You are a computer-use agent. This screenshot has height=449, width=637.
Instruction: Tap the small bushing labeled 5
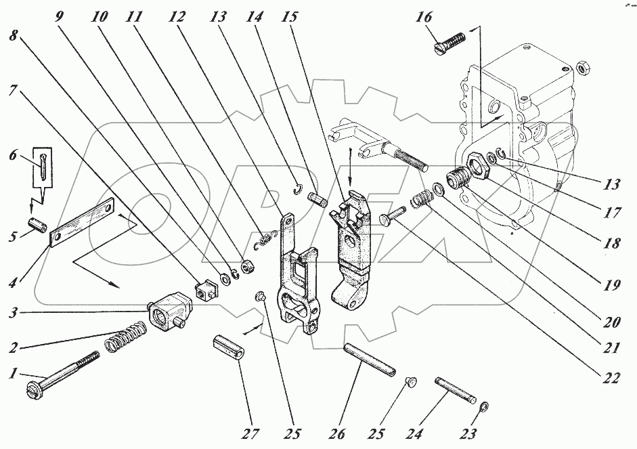[x=37, y=223]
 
